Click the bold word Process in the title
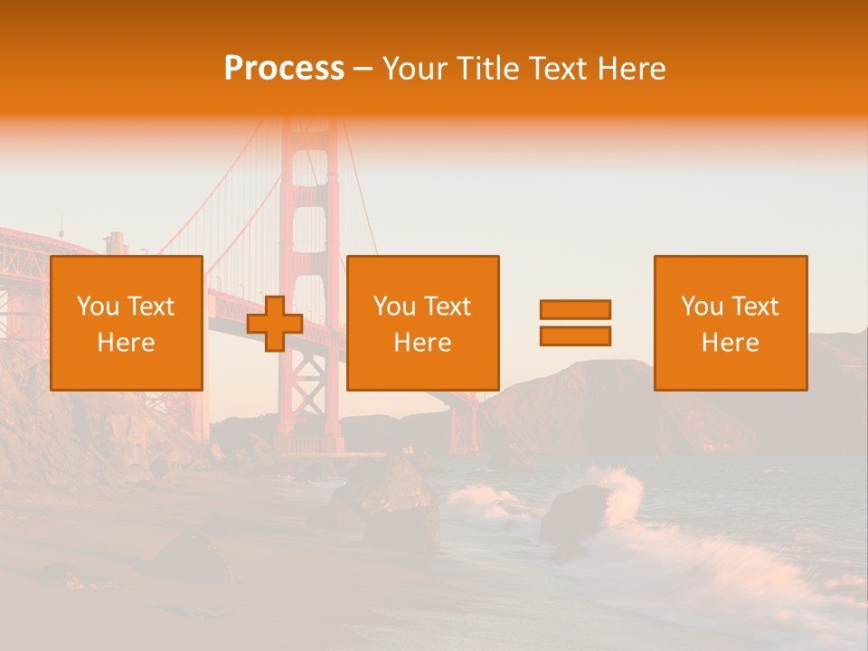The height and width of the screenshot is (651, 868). tap(284, 69)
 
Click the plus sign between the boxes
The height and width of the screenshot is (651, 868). tap(275, 324)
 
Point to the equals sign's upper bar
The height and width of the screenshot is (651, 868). tap(575, 309)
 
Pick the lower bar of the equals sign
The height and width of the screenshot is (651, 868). tap(575, 336)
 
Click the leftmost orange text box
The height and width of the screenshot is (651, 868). tap(127, 323)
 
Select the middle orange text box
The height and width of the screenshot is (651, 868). tap(423, 323)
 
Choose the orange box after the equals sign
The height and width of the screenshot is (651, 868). tap(731, 323)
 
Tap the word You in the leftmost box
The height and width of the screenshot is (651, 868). tap(98, 307)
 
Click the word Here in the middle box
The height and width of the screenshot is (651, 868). tap(423, 343)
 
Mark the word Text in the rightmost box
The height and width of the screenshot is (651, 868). tap(756, 307)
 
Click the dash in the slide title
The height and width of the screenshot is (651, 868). tap(363, 70)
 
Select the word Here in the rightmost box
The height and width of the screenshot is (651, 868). tap(731, 343)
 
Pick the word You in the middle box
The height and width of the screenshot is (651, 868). tap(394, 307)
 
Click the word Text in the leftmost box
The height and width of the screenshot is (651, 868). tap(150, 307)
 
